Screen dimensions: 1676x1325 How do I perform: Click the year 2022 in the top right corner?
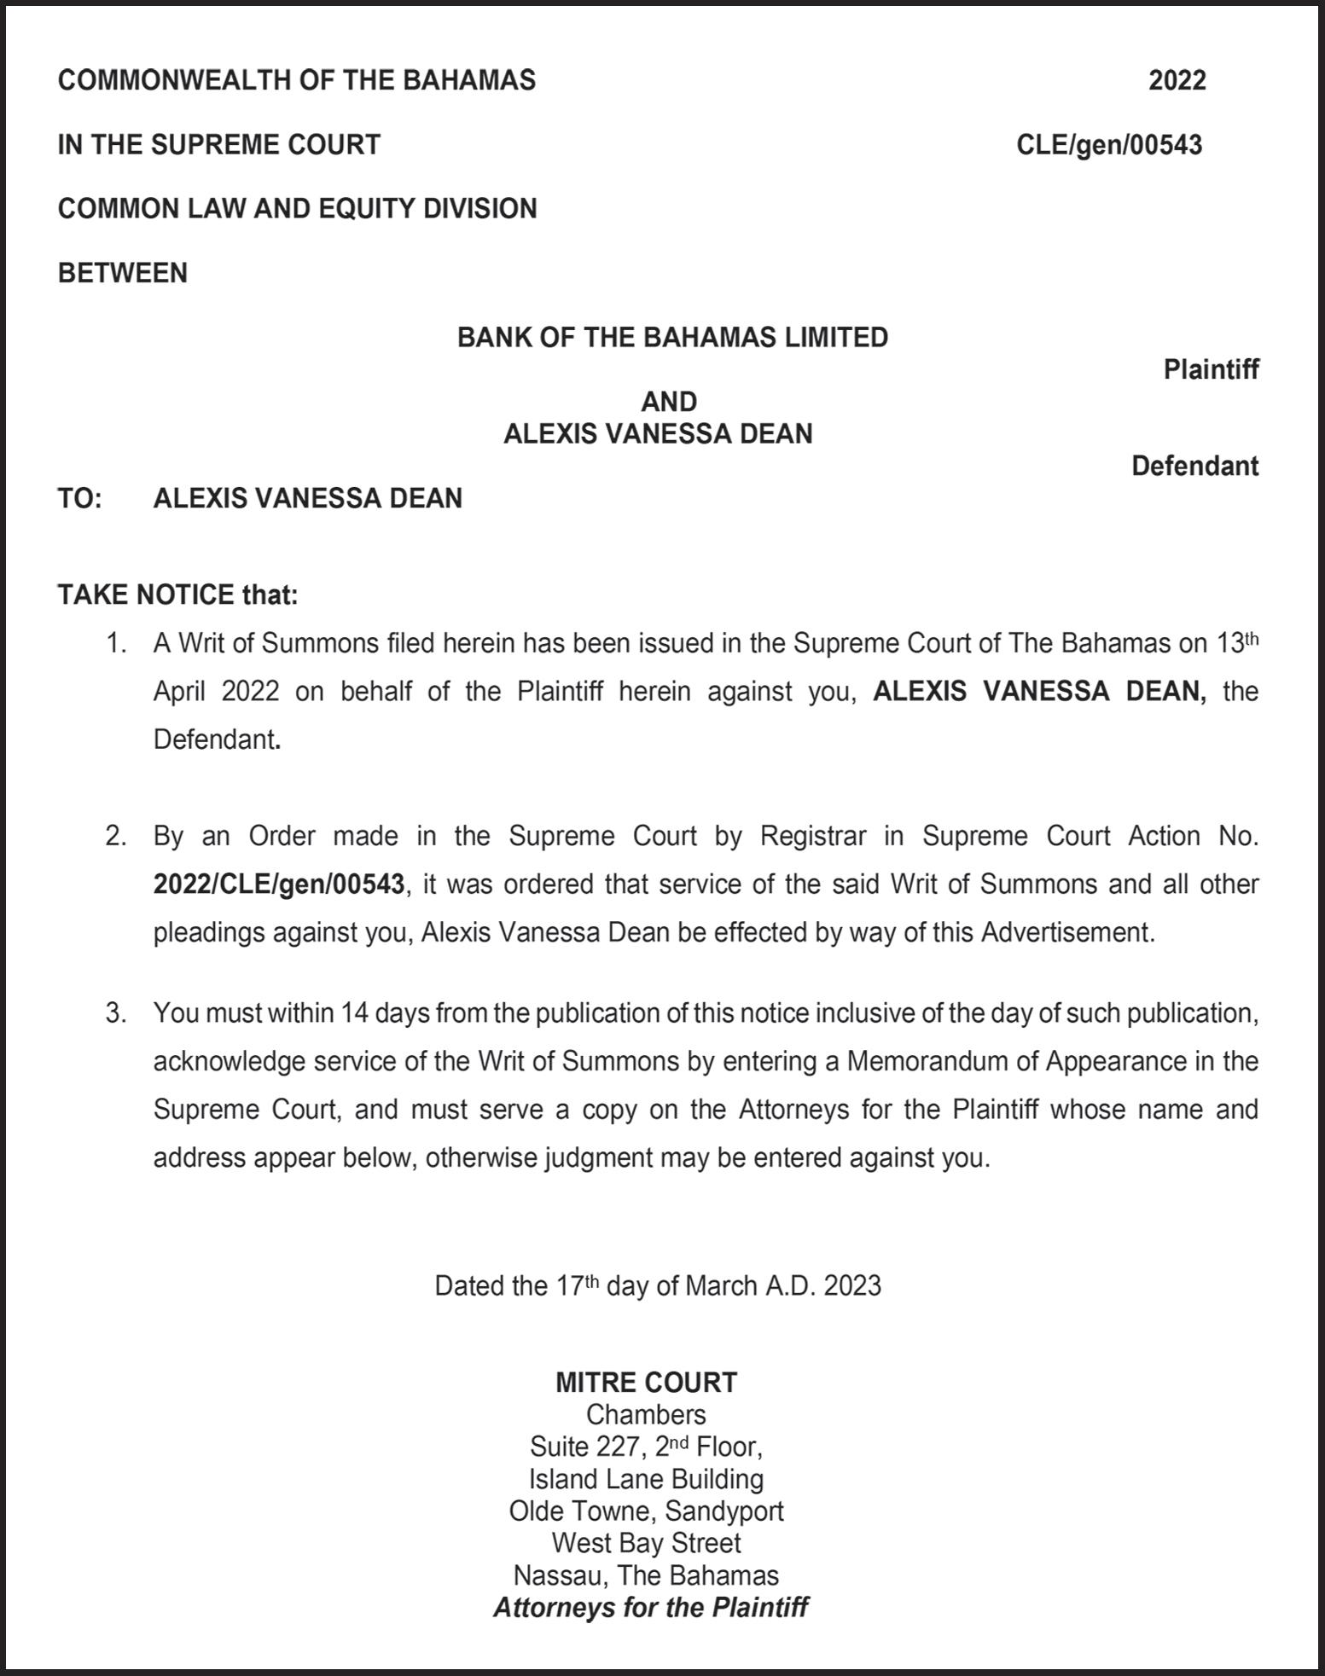(x=1177, y=80)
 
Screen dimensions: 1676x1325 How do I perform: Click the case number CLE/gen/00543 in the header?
(x=1108, y=145)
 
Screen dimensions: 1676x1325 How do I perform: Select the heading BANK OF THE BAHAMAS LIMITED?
(x=672, y=338)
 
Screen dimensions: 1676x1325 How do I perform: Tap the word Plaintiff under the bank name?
(x=1211, y=369)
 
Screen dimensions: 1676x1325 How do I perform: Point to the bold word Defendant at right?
(x=1194, y=466)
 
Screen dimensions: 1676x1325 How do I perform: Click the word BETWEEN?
(x=122, y=273)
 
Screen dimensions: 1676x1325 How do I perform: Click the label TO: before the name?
(x=79, y=498)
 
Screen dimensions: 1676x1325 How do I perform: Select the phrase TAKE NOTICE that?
(x=177, y=594)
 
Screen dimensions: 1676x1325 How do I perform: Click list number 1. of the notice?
(x=116, y=643)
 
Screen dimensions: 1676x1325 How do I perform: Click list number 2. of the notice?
(x=116, y=836)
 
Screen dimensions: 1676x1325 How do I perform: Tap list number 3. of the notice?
(x=116, y=1013)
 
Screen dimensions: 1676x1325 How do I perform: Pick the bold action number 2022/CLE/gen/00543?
(x=278, y=884)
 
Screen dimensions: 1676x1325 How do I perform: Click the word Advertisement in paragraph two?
(x=1066, y=932)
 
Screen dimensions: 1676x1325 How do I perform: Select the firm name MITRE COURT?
(x=646, y=1382)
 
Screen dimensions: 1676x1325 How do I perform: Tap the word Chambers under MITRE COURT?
(x=646, y=1414)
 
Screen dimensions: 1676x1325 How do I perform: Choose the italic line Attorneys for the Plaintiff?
(x=650, y=1608)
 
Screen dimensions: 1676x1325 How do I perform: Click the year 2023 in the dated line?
(x=852, y=1285)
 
